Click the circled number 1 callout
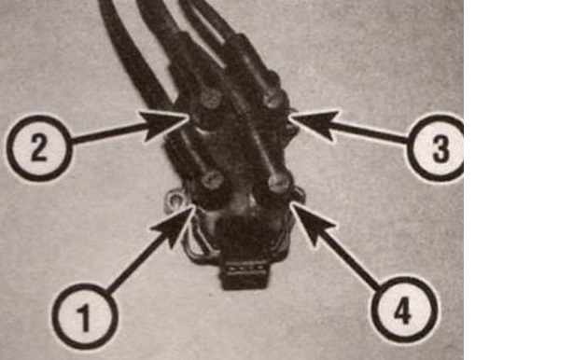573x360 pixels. [x=85, y=316]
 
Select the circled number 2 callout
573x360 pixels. [x=39, y=148]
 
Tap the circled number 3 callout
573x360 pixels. [x=436, y=148]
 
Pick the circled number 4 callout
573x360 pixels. [x=404, y=310]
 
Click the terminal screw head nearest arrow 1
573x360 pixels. [x=213, y=180]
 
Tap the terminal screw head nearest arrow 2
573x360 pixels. [x=211, y=98]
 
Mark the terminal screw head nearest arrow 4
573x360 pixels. [x=280, y=183]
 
